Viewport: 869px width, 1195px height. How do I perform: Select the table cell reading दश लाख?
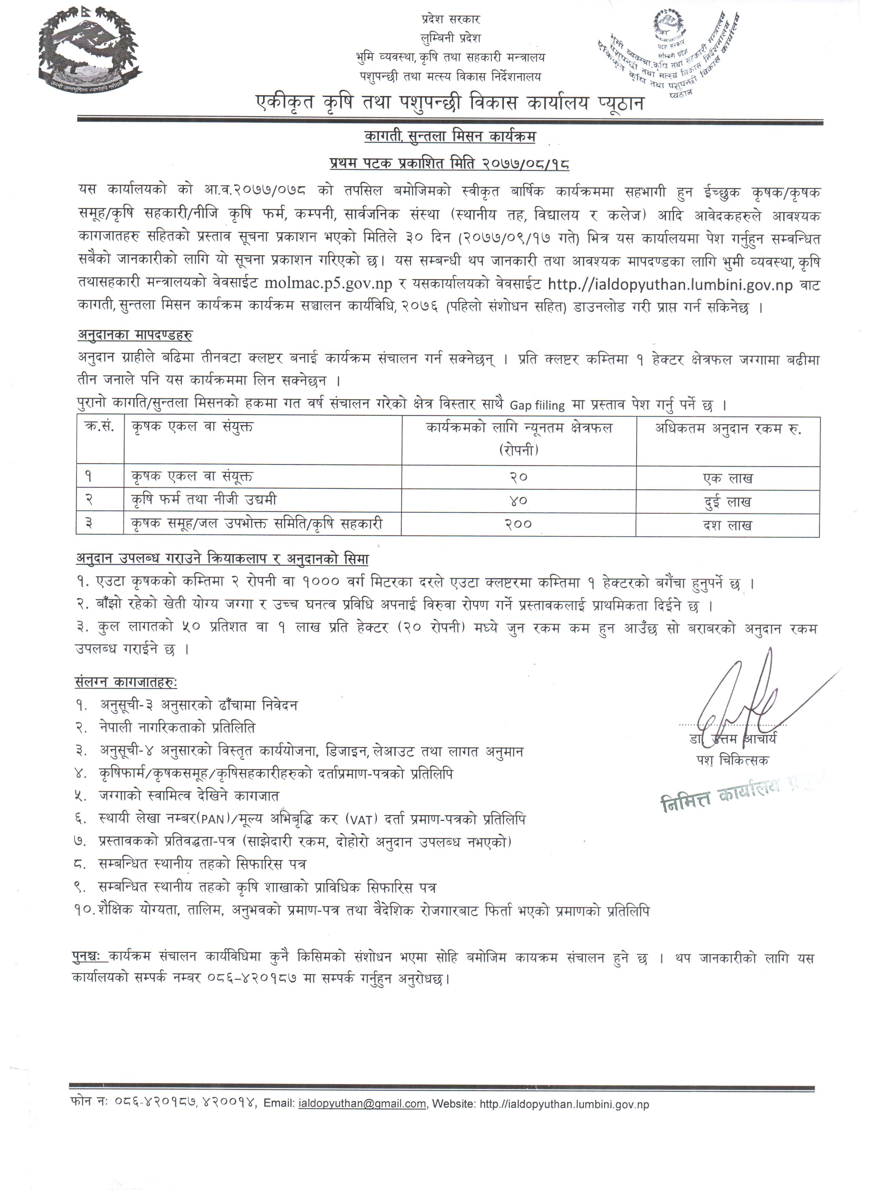[x=727, y=525]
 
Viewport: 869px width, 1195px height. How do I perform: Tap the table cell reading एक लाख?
[x=727, y=478]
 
